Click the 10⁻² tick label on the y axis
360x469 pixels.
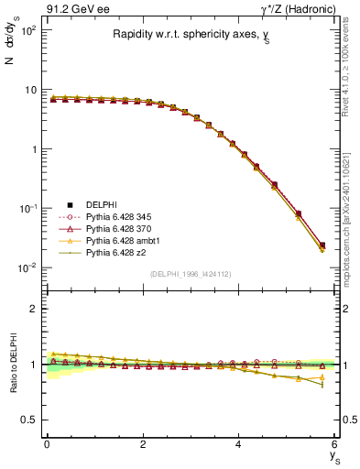click(27, 267)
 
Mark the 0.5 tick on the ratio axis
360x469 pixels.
click(30, 420)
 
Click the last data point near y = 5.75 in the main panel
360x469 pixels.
click(322, 245)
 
